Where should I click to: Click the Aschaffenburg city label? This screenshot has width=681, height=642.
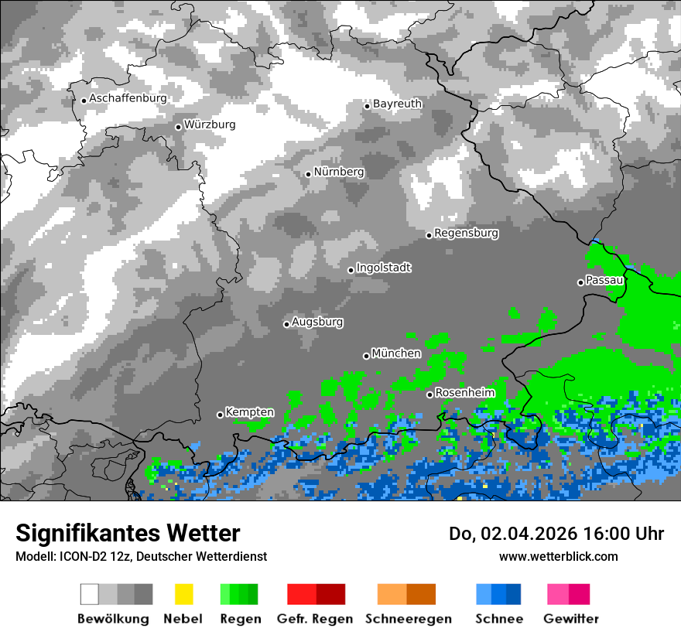click(128, 98)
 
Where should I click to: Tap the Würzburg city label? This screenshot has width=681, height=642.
click(210, 125)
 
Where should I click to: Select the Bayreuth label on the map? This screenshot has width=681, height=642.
click(397, 104)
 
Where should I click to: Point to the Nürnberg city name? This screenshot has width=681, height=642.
click(339, 172)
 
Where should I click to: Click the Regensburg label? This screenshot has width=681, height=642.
click(466, 233)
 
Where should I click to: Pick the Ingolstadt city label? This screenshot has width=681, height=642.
click(384, 268)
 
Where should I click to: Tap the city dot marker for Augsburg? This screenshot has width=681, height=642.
click(286, 324)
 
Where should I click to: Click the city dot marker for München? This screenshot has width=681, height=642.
click(366, 356)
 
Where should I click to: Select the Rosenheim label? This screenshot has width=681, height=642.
click(464, 393)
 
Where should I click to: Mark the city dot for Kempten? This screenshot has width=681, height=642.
click(220, 415)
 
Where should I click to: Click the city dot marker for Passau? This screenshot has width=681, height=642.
click(580, 282)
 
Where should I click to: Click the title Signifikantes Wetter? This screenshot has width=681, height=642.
click(128, 533)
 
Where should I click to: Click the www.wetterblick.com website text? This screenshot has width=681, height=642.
click(558, 556)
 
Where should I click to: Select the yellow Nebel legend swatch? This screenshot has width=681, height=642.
click(183, 594)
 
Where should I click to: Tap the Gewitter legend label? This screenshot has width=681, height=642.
click(570, 619)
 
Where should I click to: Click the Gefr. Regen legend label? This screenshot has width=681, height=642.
click(314, 619)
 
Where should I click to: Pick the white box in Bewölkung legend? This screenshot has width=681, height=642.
click(90, 594)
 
